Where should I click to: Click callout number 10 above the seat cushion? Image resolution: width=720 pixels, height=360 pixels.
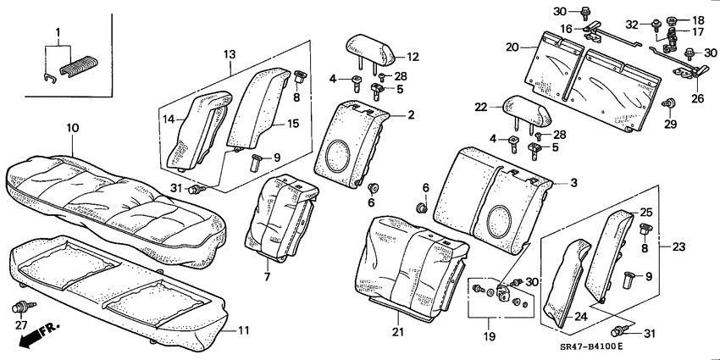pos(73,127)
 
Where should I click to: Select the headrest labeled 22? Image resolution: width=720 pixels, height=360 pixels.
pos(529,109)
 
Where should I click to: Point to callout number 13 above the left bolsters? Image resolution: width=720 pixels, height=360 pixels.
pos(230,54)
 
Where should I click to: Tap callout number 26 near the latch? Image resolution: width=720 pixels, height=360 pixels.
pos(699,97)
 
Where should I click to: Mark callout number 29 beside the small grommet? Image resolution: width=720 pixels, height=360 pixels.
pos(671,125)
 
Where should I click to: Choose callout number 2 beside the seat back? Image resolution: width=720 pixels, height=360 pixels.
pos(410,114)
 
